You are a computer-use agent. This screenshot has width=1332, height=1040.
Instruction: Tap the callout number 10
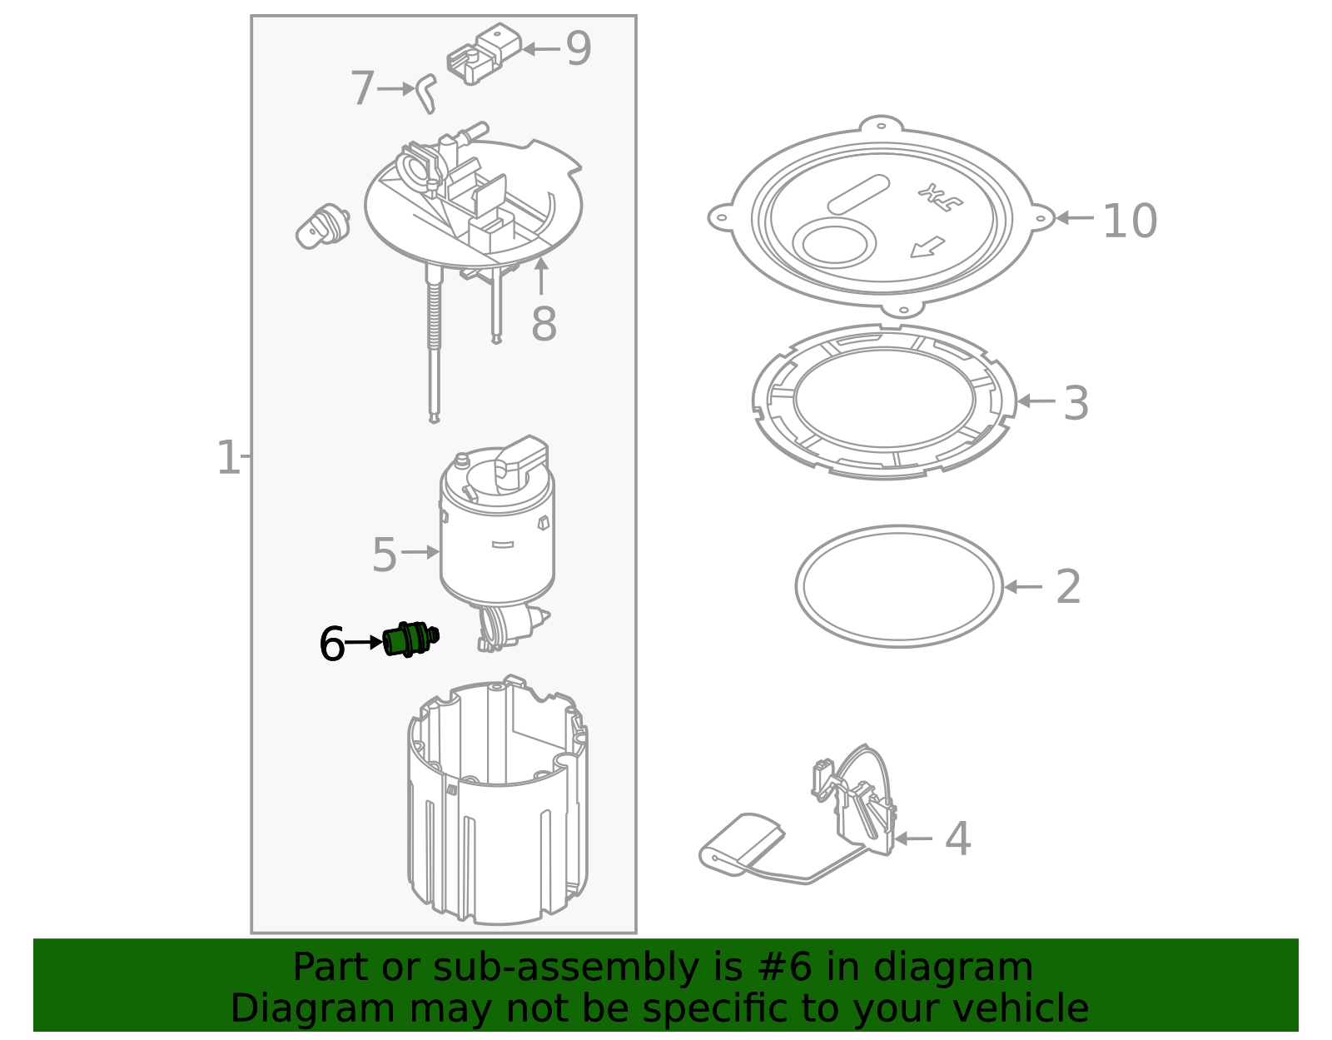pos(1129,221)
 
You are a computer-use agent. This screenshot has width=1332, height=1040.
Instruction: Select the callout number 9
pos(578,49)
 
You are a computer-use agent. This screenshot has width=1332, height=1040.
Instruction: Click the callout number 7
pos(362,89)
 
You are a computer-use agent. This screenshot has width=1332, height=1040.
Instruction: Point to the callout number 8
pos(543,325)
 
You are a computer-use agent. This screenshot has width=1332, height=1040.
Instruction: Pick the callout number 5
pos(384,555)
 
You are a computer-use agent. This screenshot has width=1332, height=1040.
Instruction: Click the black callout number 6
pos(331,644)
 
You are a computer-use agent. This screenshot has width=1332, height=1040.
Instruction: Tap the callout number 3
pos(1076,404)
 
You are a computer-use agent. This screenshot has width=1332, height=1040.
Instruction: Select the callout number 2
pos(1068,588)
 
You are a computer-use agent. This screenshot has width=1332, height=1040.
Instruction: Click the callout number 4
pos(957,839)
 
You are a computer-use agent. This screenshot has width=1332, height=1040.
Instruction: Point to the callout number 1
pos(227,459)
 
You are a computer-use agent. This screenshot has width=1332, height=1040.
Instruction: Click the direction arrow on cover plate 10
pos(927,247)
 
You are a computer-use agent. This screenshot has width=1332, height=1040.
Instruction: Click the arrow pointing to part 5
pos(420,551)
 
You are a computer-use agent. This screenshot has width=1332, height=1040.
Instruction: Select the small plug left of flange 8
pos(323,226)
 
